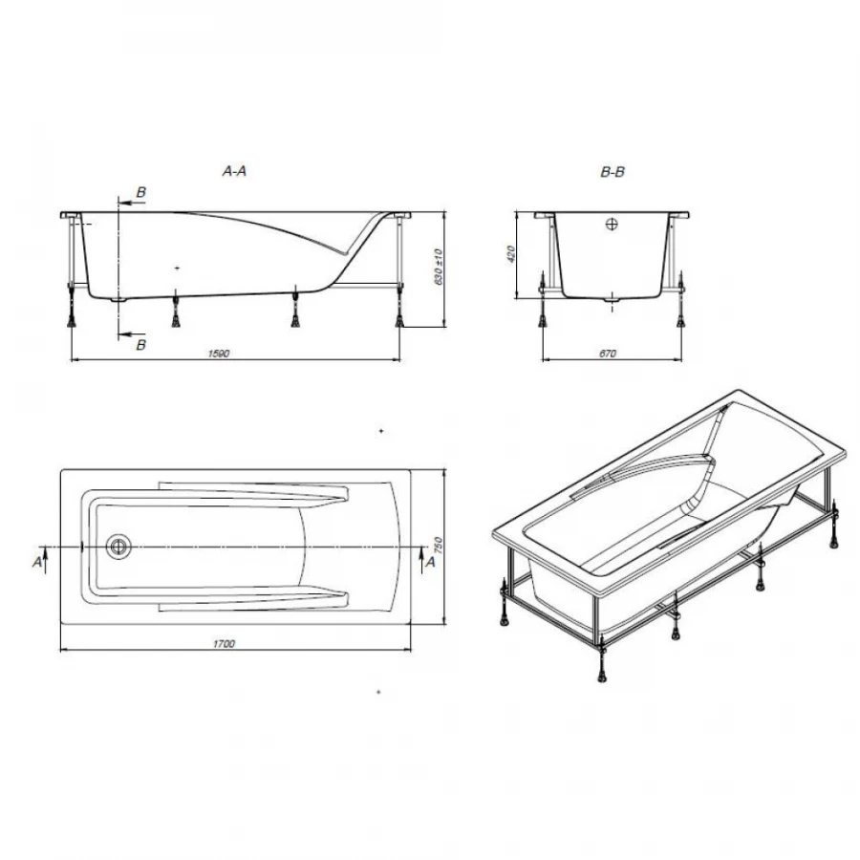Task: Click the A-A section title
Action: coord(234,172)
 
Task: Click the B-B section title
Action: coord(613,172)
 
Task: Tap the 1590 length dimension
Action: coord(219,354)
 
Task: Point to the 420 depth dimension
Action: coord(511,254)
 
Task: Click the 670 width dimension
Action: coord(608,354)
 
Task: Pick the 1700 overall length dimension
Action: coord(225,644)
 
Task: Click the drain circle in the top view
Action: coord(119,547)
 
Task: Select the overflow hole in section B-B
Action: coord(612,226)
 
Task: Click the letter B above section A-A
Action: coord(141,193)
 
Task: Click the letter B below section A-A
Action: coord(141,344)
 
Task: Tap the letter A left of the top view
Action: coord(38,563)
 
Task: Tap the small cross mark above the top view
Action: coord(380,433)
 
